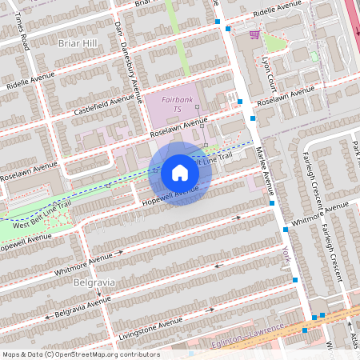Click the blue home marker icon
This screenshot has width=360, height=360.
tap(180, 173)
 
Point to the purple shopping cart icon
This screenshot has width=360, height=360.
tap(254, 34)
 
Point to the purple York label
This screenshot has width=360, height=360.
tap(286, 254)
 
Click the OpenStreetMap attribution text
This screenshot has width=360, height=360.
tap(80, 354)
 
